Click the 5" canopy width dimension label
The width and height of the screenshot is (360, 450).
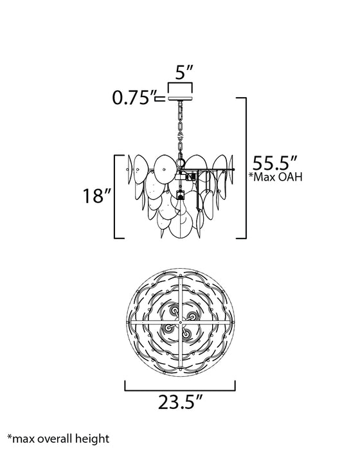pyautogui.click(x=184, y=72)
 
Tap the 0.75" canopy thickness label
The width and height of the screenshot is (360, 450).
pyautogui.click(x=134, y=98)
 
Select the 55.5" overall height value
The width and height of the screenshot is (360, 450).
pyautogui.click(x=274, y=163)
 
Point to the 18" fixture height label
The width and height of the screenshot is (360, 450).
pyautogui.click(x=96, y=196)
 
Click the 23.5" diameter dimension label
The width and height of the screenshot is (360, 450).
pyautogui.click(x=180, y=402)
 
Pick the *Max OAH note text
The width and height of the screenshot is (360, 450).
pyautogui.click(x=276, y=177)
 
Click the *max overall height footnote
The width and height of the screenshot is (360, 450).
pyautogui.click(x=59, y=439)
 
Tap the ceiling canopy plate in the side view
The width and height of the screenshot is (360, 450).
pyautogui.click(x=180, y=99)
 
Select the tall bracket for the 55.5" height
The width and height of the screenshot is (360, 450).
pyautogui.click(x=246, y=168)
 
